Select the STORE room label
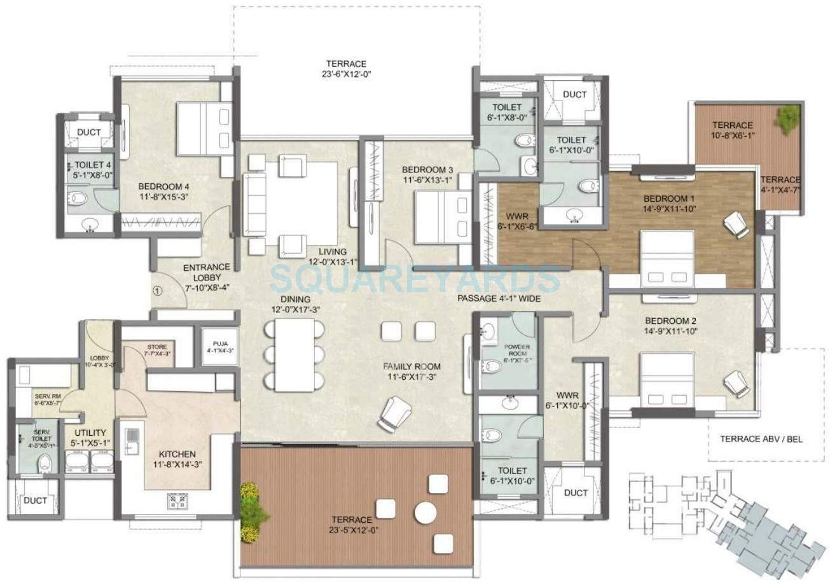click(157, 349)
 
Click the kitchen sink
click(132, 441)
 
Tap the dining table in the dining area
click(295, 354)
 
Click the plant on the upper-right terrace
click(788, 117)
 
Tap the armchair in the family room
click(392, 413)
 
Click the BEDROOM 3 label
click(427, 174)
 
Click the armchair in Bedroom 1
click(736, 225)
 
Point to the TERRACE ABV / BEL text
click(761, 438)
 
